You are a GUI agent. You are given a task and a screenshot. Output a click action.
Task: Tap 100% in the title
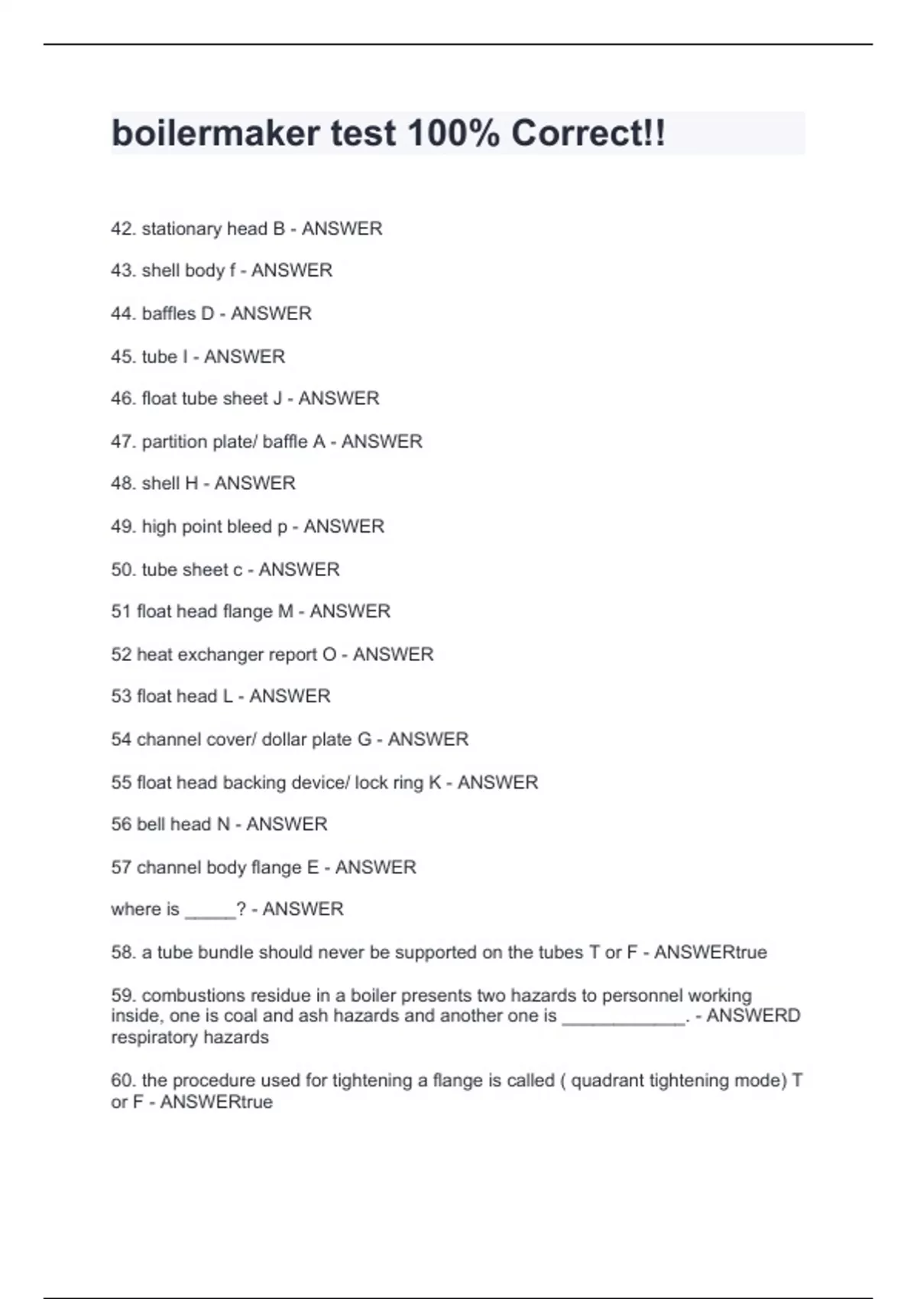454,134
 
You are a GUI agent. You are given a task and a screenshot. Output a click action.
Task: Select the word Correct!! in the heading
588,134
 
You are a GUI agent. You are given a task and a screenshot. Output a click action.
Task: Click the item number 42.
123,228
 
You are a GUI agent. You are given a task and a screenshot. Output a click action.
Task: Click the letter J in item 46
277,398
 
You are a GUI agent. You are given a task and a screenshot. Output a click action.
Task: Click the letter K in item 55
435,782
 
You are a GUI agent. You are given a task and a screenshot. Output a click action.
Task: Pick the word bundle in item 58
225,952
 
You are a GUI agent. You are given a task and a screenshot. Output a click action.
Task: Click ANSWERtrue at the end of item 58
711,952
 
